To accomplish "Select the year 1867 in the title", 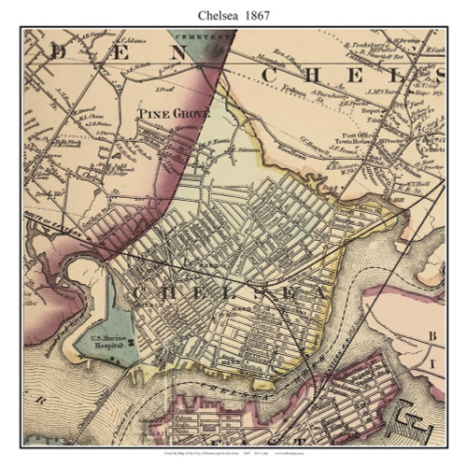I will coord(261,14).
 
